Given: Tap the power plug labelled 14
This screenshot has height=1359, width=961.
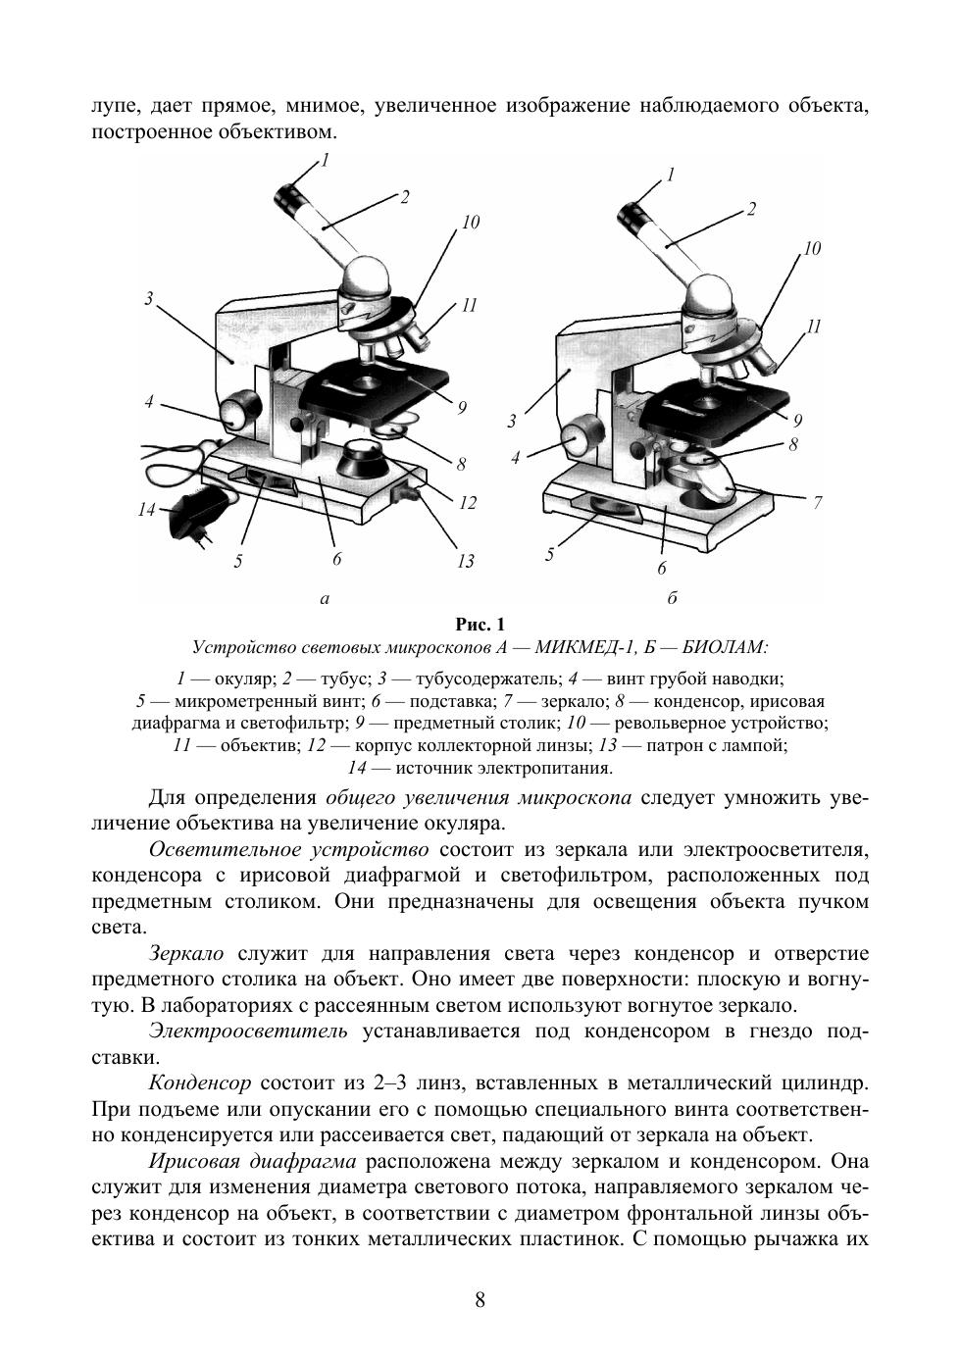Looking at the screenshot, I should click(x=201, y=510).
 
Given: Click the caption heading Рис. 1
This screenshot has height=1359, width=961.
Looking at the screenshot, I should click(x=480, y=625).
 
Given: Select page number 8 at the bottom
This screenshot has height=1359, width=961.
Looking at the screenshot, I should click(x=480, y=1300).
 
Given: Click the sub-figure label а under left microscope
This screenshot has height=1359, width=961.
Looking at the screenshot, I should click(x=324, y=596).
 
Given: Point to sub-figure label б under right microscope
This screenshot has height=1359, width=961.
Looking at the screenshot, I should click(x=673, y=597).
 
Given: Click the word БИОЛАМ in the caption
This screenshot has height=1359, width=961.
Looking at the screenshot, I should click(x=725, y=647).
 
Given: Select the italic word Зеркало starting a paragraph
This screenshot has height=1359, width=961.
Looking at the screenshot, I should click(x=186, y=953).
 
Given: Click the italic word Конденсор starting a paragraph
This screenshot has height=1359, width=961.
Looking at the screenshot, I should click(x=200, y=1084).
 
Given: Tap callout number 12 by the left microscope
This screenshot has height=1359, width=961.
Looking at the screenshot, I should click(x=467, y=503).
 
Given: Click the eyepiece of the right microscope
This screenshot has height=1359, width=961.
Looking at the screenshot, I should click(x=634, y=212).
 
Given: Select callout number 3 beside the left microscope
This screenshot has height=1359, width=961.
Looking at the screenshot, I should click(x=148, y=298).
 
